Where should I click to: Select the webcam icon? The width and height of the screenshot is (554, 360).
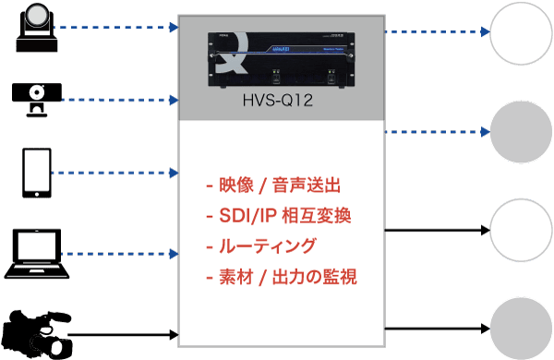pyautogui.click(x=37, y=98)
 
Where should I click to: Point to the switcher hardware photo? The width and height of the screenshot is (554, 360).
pyautogui.click(x=282, y=57)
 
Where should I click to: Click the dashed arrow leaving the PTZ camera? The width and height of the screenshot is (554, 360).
pyautogui.click(x=115, y=29)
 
